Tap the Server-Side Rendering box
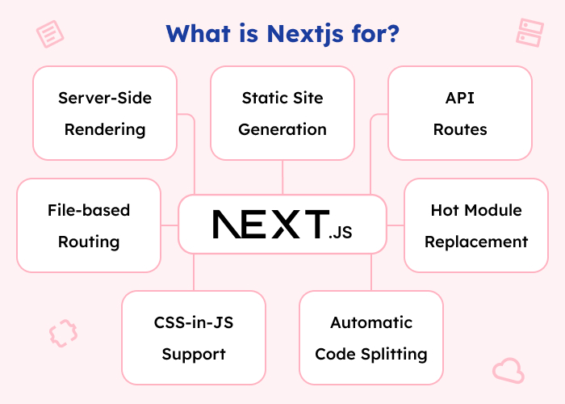coord(105,113)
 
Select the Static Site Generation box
coord(282,113)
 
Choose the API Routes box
coord(460,113)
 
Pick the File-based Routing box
coord(89,225)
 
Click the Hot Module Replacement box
coord(476,225)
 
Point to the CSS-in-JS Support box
coord(194,338)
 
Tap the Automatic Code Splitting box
coord(371,338)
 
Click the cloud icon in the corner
coord(508,370)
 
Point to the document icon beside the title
coord(50,34)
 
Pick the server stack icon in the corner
coord(529,32)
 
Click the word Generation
coord(282,129)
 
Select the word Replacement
coord(476,242)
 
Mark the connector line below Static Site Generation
coord(282,177)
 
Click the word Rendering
coord(105,129)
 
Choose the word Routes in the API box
coord(460,129)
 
